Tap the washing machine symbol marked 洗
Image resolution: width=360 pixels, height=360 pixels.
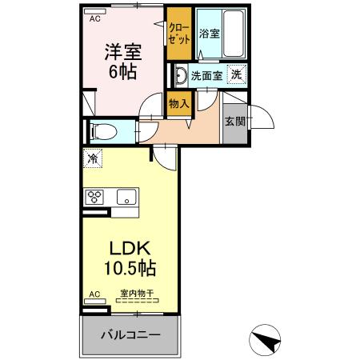click(x=237, y=74)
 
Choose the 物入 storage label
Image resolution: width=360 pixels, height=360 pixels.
click(x=178, y=102)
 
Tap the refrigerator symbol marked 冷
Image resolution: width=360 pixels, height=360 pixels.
click(x=94, y=158)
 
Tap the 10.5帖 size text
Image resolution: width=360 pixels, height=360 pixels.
click(x=127, y=266)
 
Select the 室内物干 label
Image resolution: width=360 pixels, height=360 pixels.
click(x=138, y=294)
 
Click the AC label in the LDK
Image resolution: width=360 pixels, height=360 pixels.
click(x=94, y=294)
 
